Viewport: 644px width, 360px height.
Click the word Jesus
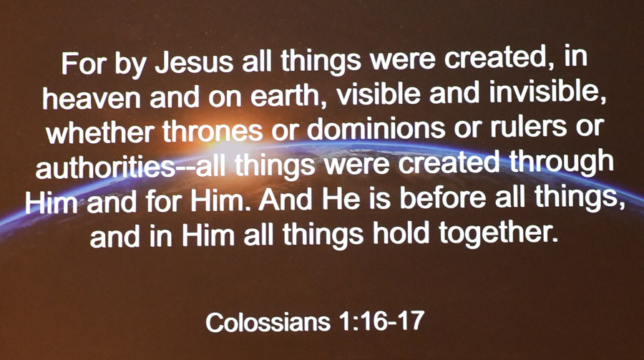tap(195, 62)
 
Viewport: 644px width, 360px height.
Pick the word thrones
tap(213, 130)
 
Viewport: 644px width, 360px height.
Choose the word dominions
tap(376, 128)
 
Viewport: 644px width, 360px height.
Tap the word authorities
tap(104, 167)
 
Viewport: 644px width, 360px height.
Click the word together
tap(498, 233)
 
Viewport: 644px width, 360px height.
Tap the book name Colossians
tap(268, 322)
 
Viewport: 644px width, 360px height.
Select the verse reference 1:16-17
tap(381, 321)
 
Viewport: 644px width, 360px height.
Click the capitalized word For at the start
tap(84, 63)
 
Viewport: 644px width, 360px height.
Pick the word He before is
tap(341, 198)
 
